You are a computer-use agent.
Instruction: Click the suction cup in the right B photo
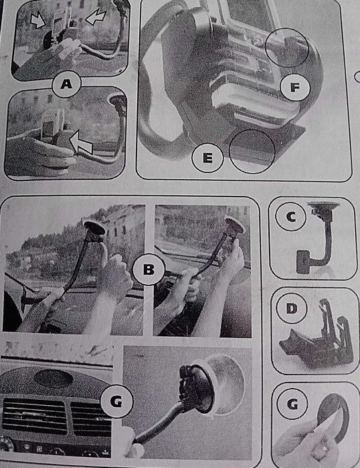coord(234,227)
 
